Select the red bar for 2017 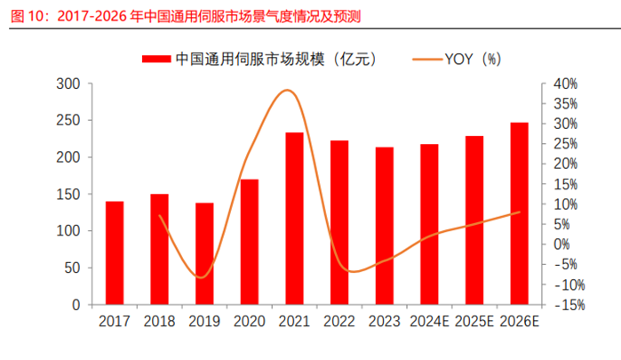click(x=115, y=253)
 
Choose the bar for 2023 click(x=385, y=226)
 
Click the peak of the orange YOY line click(x=286, y=90)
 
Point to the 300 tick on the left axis click(x=68, y=84)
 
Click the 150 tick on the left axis click(x=68, y=194)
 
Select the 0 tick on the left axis click(x=76, y=305)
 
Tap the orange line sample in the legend click(x=430, y=59)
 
